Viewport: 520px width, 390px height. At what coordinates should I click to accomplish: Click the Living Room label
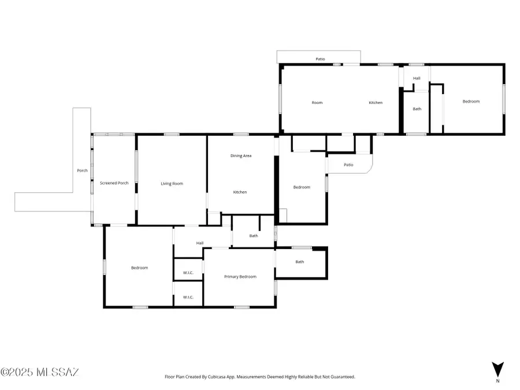(x=172, y=184)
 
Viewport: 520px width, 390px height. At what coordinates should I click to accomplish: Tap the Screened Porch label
(x=114, y=183)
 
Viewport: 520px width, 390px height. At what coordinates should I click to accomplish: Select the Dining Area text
(x=241, y=155)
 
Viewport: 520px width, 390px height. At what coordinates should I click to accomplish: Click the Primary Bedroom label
(x=240, y=277)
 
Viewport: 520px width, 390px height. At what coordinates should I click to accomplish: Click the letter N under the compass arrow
(x=498, y=381)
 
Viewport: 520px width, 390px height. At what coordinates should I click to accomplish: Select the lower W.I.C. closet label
(x=188, y=297)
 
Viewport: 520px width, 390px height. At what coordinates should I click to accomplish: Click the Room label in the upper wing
(x=317, y=103)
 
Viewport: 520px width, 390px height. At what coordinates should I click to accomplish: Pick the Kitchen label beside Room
(x=376, y=103)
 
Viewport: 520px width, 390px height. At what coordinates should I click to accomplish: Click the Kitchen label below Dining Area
(x=240, y=192)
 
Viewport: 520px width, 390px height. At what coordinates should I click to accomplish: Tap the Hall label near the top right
(x=417, y=78)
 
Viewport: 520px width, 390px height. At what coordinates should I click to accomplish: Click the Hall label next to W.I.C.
(x=199, y=243)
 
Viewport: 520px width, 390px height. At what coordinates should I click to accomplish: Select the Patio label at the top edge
(x=320, y=59)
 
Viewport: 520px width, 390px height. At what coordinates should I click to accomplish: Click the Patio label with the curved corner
(x=348, y=165)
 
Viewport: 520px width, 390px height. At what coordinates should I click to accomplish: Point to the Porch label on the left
(x=82, y=170)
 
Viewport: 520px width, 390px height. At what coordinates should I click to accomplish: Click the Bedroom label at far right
(x=471, y=102)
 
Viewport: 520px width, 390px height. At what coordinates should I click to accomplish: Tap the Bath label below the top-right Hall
(x=417, y=109)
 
